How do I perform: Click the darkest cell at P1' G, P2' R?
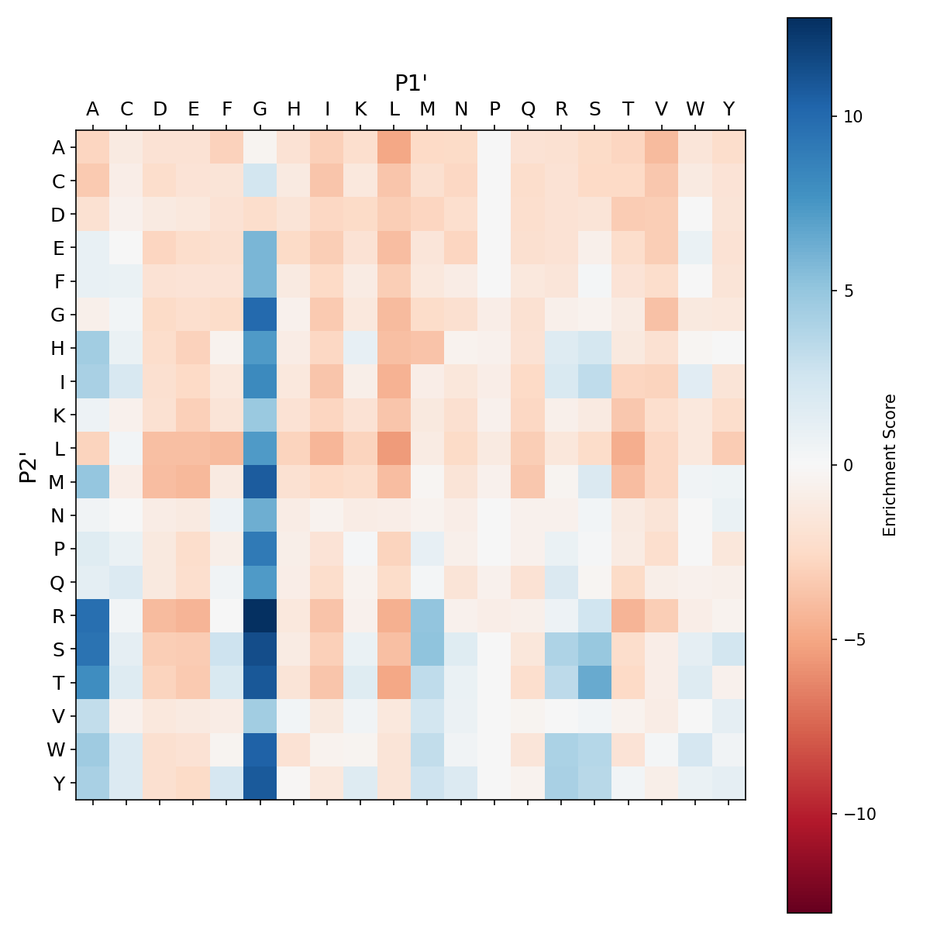(260, 615)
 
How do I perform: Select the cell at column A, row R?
(93, 615)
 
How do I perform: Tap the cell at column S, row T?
(595, 682)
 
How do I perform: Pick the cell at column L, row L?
(394, 448)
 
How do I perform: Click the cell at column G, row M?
(260, 481)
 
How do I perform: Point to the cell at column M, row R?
(428, 615)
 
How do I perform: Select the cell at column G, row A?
(260, 147)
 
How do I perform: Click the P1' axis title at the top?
(411, 83)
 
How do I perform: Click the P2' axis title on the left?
(29, 465)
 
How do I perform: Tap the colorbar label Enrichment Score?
(890, 465)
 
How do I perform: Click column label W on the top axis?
(695, 109)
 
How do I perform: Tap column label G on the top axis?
(260, 109)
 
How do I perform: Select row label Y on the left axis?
(58, 783)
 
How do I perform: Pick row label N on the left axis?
(58, 515)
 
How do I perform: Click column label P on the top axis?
(494, 109)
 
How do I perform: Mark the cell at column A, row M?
(93, 481)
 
